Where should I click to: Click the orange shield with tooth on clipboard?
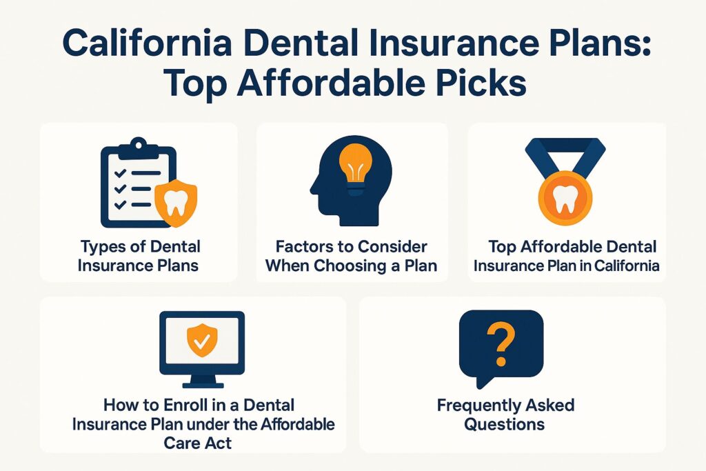[176, 201]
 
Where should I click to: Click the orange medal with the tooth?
[565, 197]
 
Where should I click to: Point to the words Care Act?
[198, 442]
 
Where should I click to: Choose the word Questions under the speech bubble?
[504, 423]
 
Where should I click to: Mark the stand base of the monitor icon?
[202, 384]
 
